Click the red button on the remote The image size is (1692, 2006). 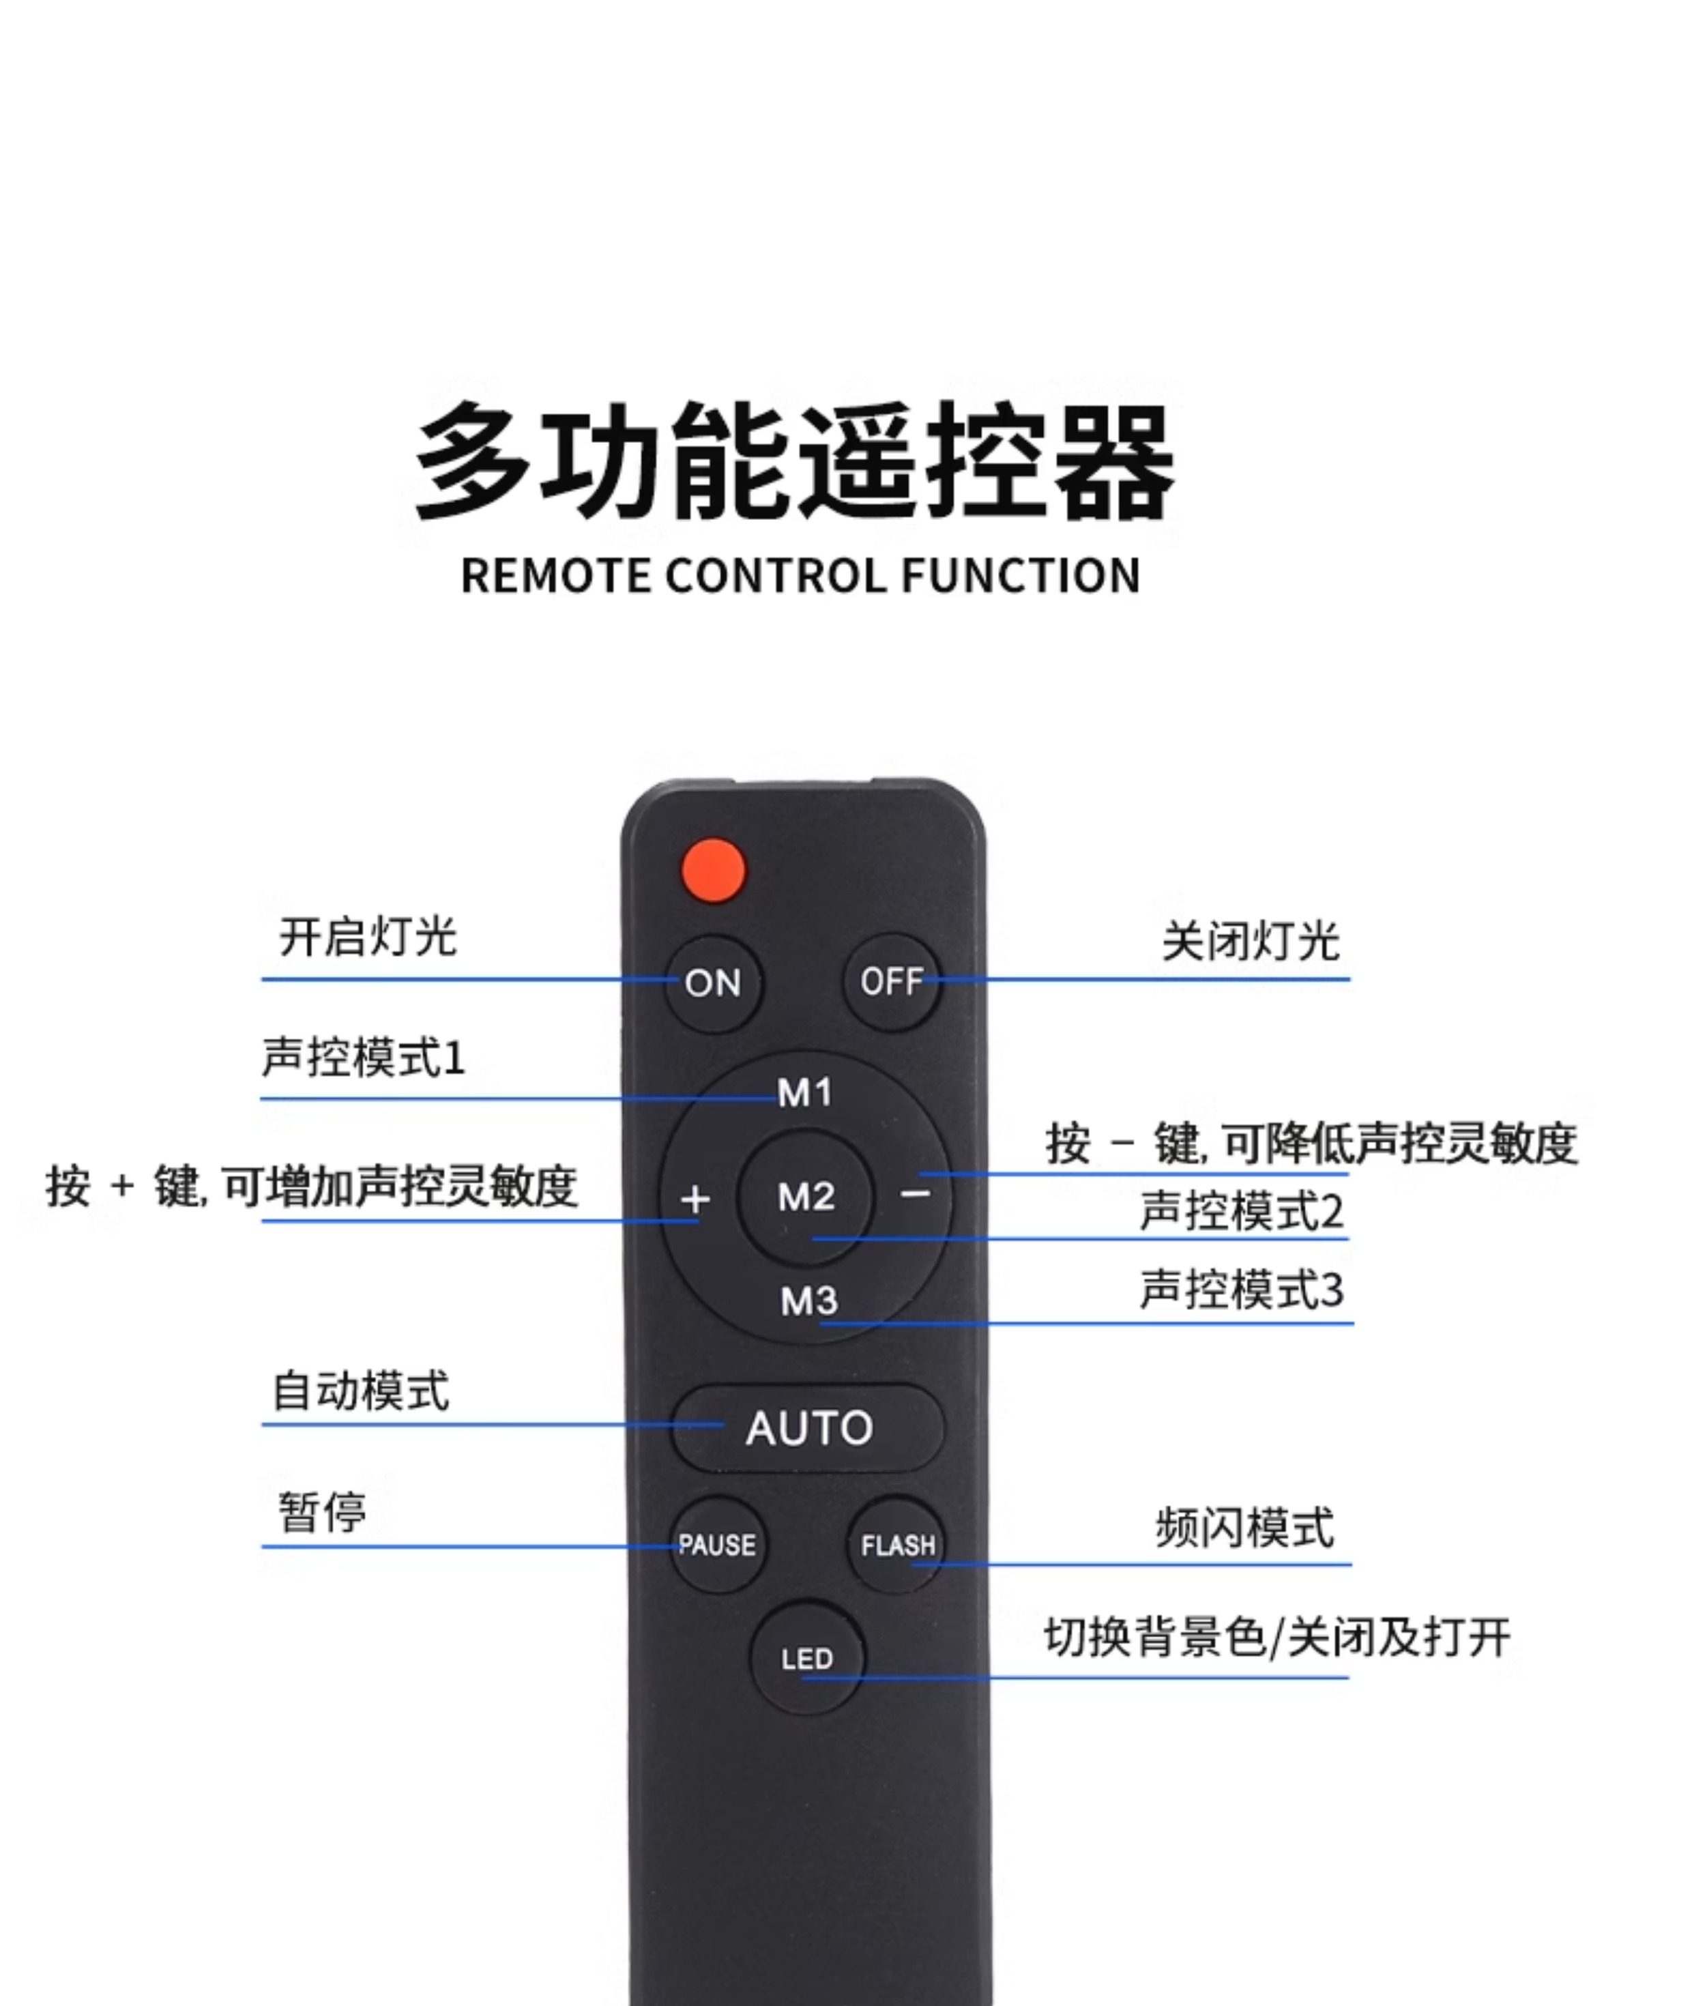(x=713, y=870)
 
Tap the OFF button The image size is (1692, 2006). (x=892, y=981)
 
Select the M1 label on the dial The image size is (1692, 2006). (x=805, y=1092)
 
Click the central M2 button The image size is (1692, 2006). (x=806, y=1196)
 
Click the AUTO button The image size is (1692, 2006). (x=808, y=1427)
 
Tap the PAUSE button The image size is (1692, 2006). (x=718, y=1545)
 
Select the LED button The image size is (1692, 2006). (x=806, y=1659)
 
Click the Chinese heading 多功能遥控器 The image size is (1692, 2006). (x=794, y=463)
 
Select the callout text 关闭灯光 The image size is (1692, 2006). (x=1250, y=941)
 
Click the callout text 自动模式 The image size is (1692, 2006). (x=361, y=1391)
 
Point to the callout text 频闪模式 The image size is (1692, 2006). (x=1244, y=1527)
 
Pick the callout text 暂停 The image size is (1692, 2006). (x=322, y=1513)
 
